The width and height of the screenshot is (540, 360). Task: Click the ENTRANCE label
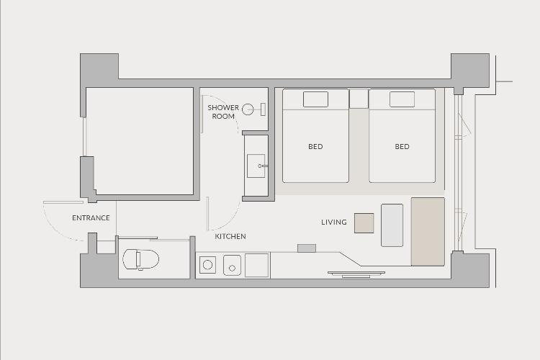91,217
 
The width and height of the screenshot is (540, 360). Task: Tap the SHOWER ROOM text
223,112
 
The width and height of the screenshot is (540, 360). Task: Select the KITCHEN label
230,236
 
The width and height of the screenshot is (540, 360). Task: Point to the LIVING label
334,222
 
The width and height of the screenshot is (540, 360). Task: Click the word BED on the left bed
315,146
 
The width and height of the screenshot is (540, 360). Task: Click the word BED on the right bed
402,146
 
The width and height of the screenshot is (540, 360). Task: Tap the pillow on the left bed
315,99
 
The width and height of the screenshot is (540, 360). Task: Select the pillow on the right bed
402,99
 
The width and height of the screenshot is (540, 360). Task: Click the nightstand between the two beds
359,99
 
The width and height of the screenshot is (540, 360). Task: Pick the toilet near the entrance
141,259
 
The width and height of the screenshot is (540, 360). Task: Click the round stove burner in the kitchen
207,265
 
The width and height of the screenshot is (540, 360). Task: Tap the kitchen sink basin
232,265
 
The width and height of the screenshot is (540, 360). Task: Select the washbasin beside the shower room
256,166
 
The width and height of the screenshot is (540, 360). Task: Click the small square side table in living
364,223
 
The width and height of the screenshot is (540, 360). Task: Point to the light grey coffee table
392,225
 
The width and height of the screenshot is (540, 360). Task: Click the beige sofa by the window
428,232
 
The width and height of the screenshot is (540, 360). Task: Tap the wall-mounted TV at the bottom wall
356,274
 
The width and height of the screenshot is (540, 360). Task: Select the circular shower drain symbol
248,109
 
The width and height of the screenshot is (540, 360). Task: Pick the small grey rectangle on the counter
307,248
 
